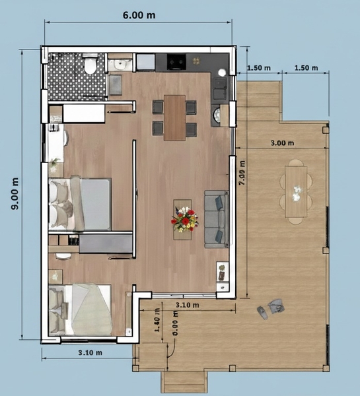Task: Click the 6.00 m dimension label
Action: (x=139, y=15)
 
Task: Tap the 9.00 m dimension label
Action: (x=15, y=193)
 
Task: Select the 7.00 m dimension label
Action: (x=242, y=173)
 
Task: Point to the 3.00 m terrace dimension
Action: (x=283, y=143)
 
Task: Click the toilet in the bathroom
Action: (x=90, y=64)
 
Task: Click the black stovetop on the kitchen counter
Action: (x=176, y=61)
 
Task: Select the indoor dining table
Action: (x=174, y=117)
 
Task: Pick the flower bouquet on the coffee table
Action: (x=184, y=220)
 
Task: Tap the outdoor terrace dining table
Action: (x=296, y=191)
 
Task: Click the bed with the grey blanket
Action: (x=80, y=204)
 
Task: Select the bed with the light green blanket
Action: (x=80, y=310)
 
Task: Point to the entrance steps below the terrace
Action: (x=184, y=382)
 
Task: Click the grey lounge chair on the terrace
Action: (x=275, y=306)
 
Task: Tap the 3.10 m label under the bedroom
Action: (x=90, y=352)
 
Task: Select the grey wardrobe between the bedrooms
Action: (x=106, y=244)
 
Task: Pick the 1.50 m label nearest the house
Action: (x=259, y=68)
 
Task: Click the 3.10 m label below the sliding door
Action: (x=188, y=305)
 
